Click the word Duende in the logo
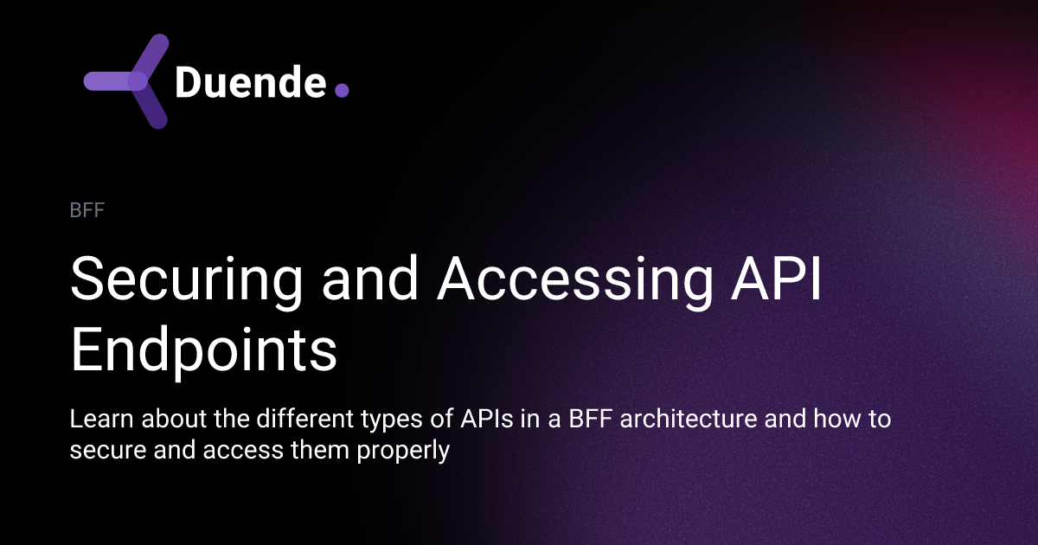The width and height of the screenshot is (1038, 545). pos(250,83)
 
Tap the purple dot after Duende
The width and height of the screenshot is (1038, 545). pos(342,90)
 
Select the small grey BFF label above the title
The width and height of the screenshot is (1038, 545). pos(86,210)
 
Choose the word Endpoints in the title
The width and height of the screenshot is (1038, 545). pos(203,350)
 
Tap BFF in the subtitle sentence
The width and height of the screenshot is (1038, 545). pos(589,420)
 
